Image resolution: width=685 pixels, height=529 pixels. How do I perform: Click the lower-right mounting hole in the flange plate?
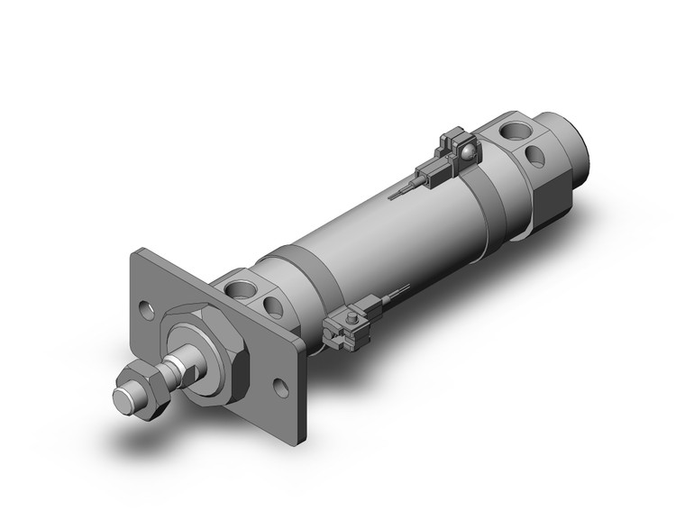[x=283, y=389]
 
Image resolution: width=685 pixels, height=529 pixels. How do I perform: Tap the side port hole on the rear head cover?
[x=535, y=155]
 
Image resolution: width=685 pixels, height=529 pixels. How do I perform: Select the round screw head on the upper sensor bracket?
[x=467, y=150]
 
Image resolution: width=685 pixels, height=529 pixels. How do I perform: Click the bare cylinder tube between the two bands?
[x=397, y=234]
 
